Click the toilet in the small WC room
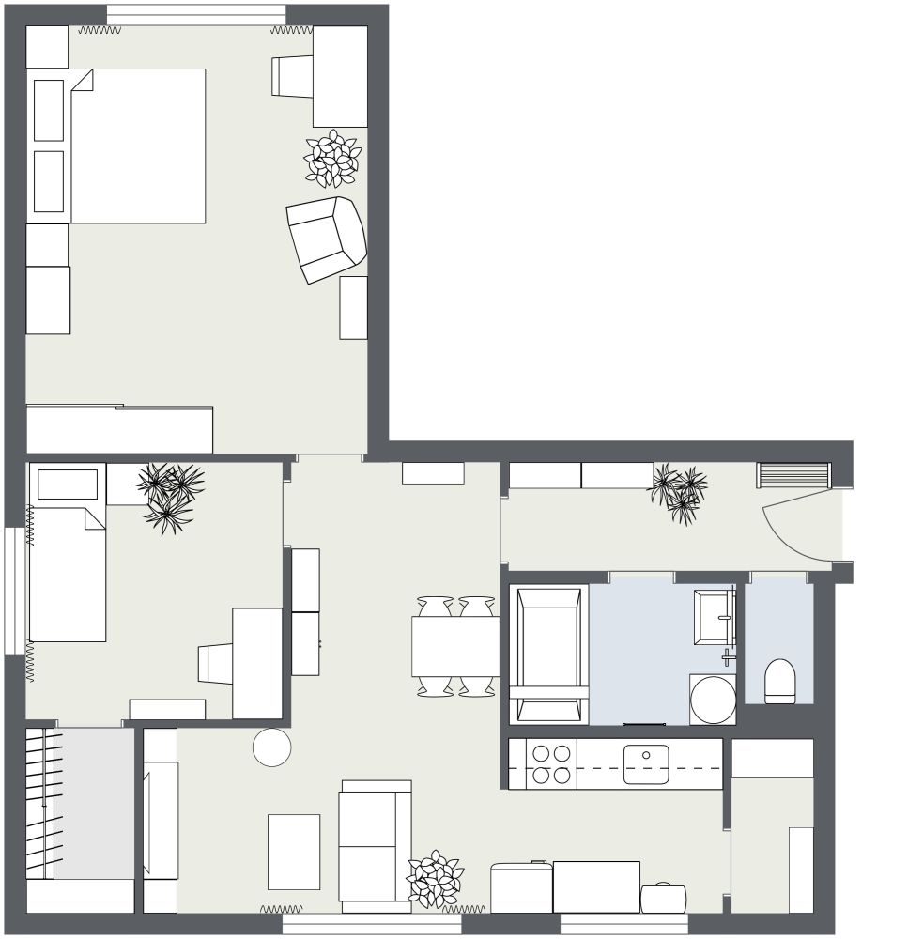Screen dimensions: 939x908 pyautogui.click(x=780, y=681)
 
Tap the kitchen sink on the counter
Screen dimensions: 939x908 pyautogui.click(x=646, y=763)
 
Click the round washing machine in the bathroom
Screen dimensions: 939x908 pyautogui.click(x=713, y=699)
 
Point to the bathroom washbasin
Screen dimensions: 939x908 pyautogui.click(x=713, y=617)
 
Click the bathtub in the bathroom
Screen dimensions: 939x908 pyautogui.click(x=548, y=654)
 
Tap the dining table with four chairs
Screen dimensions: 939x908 pyautogui.click(x=455, y=646)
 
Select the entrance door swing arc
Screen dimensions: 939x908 pyautogui.click(x=793, y=531)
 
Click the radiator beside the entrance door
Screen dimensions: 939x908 pyautogui.click(x=793, y=475)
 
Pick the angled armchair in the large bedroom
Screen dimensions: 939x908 pyautogui.click(x=326, y=239)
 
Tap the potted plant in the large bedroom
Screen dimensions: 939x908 pyautogui.click(x=332, y=159)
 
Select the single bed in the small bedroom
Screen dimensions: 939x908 pyautogui.click(x=67, y=573)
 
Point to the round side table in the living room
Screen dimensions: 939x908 pyautogui.click(x=272, y=747)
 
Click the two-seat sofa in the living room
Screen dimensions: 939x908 pyautogui.click(x=376, y=846)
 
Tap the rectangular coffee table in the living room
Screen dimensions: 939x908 pyautogui.click(x=294, y=852)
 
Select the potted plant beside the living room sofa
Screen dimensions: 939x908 pyautogui.click(x=435, y=880)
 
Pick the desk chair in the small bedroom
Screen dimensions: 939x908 pyautogui.click(x=216, y=663)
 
